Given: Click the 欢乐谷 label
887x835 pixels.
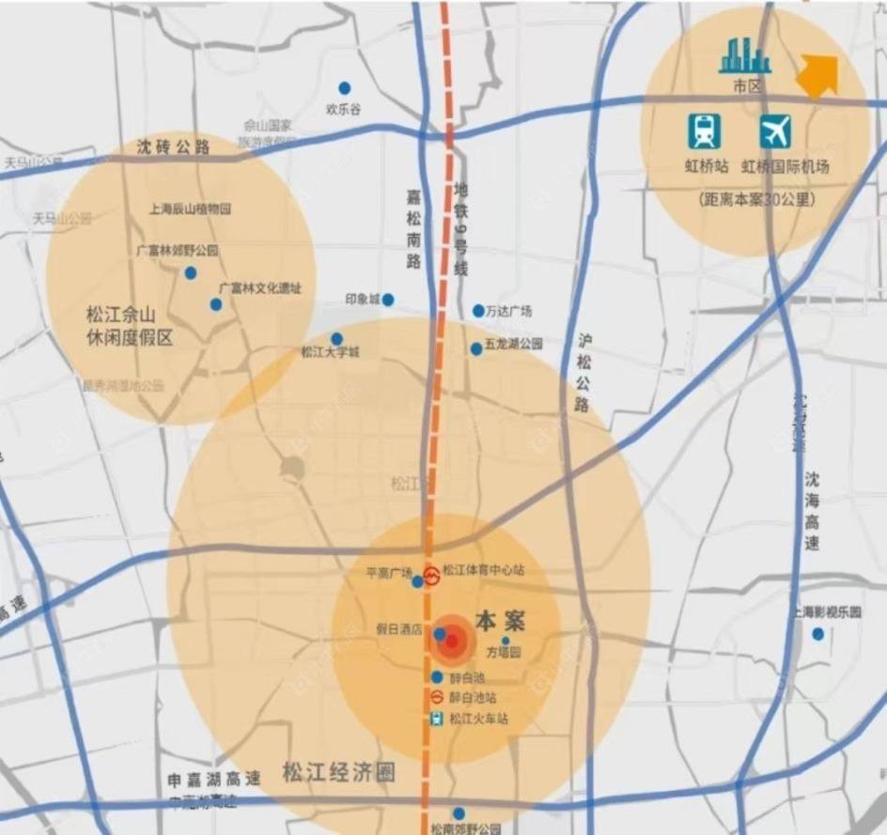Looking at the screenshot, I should (x=343, y=109).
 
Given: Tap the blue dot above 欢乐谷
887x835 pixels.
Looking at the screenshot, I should (x=345, y=86).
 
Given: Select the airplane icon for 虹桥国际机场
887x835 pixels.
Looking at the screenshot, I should (x=776, y=131).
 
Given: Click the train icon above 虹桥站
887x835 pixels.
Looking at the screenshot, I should (x=704, y=131).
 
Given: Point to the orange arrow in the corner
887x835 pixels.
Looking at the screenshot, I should (x=818, y=74).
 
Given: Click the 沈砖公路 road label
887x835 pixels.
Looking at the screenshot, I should (x=173, y=147).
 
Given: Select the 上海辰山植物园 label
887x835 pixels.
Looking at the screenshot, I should (x=191, y=209).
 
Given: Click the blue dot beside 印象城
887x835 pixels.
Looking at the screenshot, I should (x=387, y=300).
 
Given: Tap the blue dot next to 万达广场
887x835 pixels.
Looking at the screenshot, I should (x=478, y=311).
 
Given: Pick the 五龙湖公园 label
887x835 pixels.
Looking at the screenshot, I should (x=514, y=345).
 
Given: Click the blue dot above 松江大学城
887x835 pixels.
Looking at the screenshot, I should (x=336, y=338).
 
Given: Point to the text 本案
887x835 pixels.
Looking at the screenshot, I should (x=500, y=621).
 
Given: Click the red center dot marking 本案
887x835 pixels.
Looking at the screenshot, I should (x=452, y=642).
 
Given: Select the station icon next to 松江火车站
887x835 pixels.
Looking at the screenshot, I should (x=437, y=719).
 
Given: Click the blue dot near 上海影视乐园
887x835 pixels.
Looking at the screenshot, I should (x=818, y=634).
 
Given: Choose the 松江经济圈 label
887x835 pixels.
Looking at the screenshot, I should (x=338, y=773).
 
